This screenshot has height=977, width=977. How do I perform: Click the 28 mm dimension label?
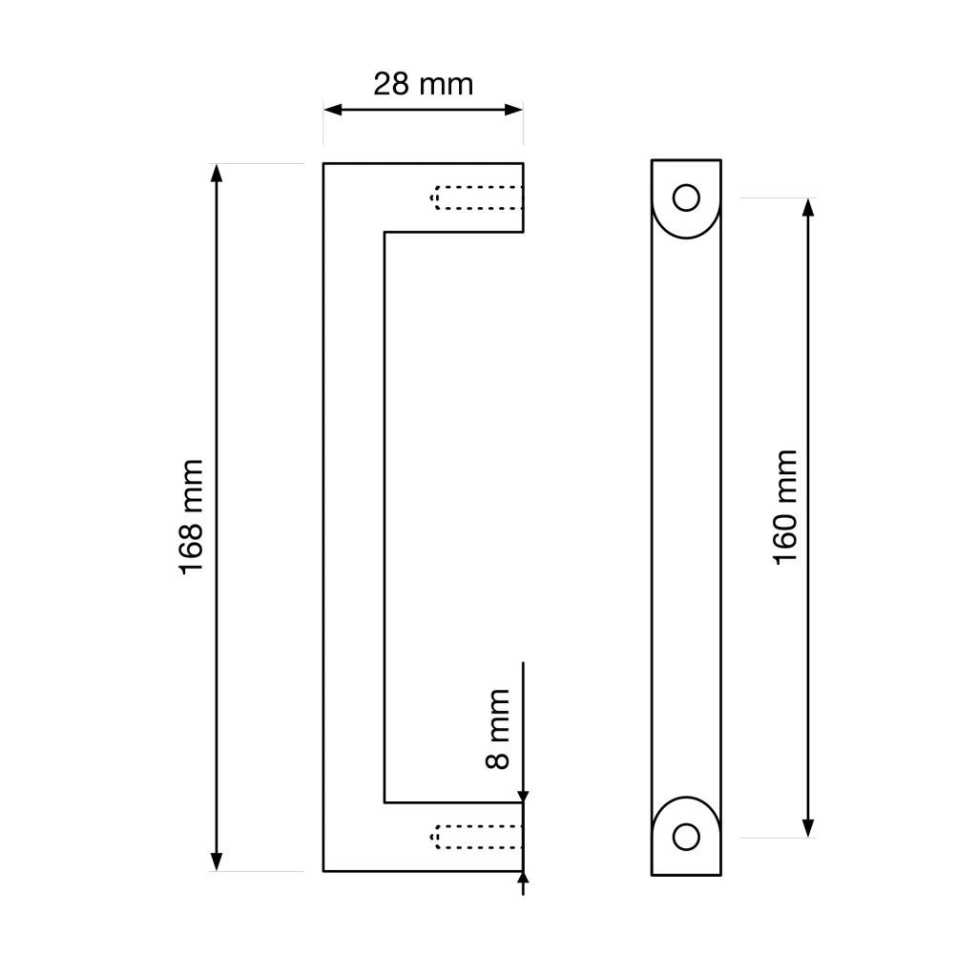point(423,84)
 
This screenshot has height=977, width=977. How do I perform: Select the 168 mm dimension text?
point(191,516)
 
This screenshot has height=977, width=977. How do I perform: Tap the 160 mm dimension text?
point(785,508)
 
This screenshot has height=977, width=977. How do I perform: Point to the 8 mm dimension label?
point(498,728)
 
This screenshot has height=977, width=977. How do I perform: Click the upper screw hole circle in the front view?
point(686,198)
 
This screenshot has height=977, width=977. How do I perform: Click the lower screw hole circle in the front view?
point(686,837)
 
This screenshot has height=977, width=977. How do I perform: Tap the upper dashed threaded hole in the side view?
point(476,197)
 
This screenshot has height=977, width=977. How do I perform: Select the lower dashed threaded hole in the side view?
point(476,837)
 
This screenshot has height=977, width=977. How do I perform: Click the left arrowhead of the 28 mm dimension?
point(333,111)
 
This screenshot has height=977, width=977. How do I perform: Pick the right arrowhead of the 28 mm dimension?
point(513,111)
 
